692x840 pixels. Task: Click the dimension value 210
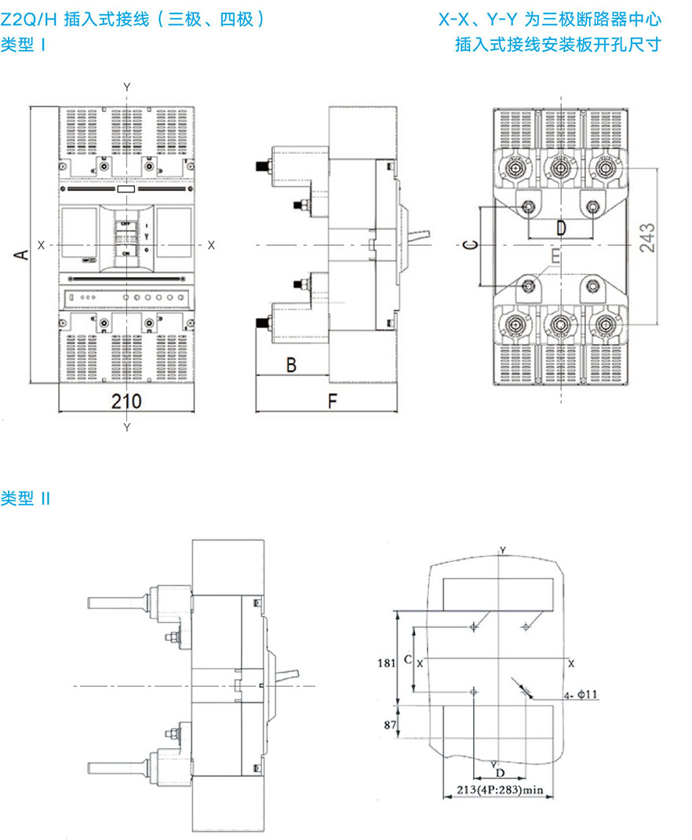pyautogui.click(x=126, y=401)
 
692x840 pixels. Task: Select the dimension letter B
pyautogui.click(x=290, y=365)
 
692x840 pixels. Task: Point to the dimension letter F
pyautogui.click(x=332, y=401)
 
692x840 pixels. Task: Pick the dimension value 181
pyautogui.click(x=385, y=663)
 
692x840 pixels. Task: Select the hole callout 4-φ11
pyautogui.click(x=581, y=694)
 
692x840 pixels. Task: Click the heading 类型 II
pyautogui.click(x=26, y=499)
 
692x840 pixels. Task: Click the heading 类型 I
pyautogui.click(x=24, y=45)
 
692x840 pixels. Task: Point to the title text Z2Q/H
pyautogui.click(x=29, y=20)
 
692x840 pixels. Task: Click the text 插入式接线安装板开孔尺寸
pyautogui.click(x=558, y=45)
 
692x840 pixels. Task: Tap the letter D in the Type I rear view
pyautogui.click(x=560, y=228)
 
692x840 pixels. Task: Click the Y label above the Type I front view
pyautogui.click(x=127, y=85)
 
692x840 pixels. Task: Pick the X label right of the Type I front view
pyautogui.click(x=211, y=244)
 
